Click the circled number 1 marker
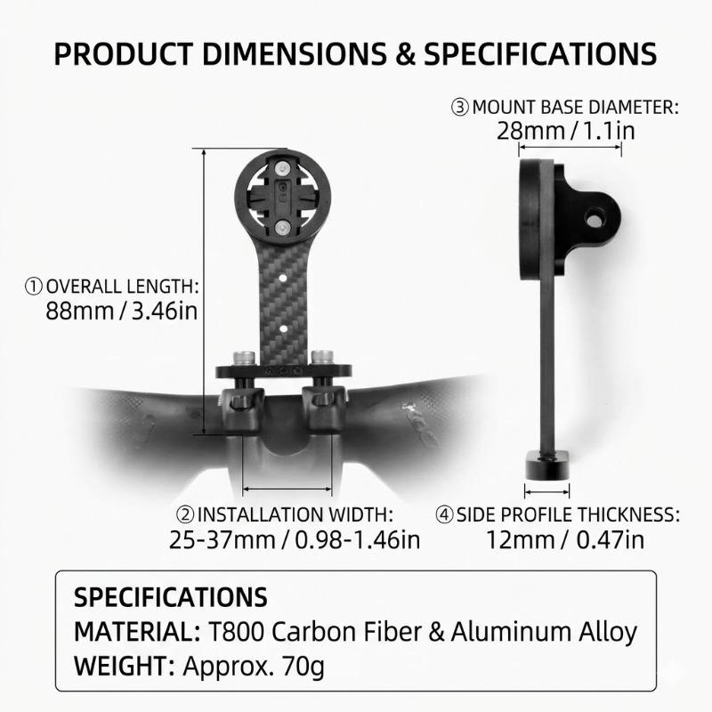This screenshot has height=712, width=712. (x=34, y=287)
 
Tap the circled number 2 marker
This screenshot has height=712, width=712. (x=185, y=514)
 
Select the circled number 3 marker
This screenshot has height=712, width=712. (x=460, y=108)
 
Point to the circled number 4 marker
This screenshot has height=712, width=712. (x=444, y=514)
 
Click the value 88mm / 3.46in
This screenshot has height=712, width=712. (x=122, y=311)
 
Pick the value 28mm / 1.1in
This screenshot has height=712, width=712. (x=566, y=131)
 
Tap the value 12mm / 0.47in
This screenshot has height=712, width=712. (x=565, y=540)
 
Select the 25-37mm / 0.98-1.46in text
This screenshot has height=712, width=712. (x=295, y=540)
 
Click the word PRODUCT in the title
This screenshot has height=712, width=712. (x=124, y=54)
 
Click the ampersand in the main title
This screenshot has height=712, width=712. (x=405, y=54)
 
